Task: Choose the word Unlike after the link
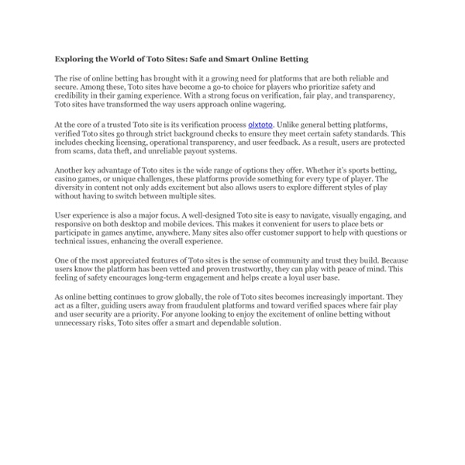click(x=292, y=123)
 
